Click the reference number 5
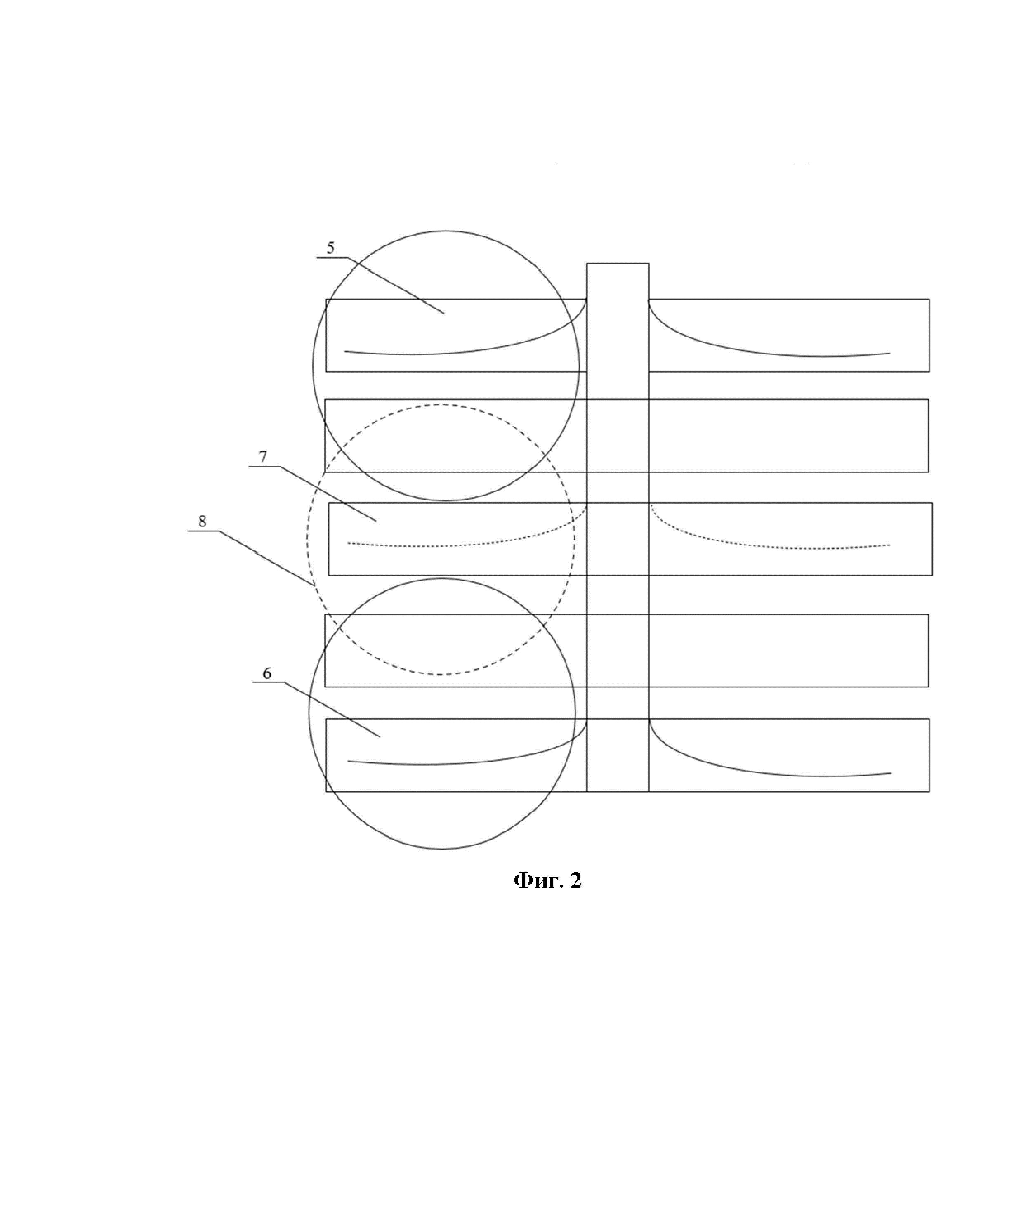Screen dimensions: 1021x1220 click(330, 248)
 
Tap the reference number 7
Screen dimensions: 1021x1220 click(263, 457)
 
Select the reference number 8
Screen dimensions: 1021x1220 click(202, 521)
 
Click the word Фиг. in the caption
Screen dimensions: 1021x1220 click(531, 881)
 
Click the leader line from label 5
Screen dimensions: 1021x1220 click(401, 288)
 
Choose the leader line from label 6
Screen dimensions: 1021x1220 click(334, 710)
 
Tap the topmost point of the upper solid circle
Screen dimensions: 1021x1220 click(446, 231)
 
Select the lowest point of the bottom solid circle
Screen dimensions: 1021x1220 click(441, 849)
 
